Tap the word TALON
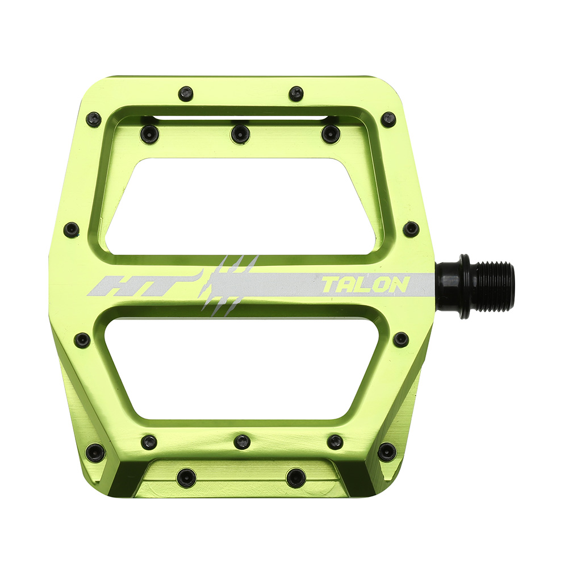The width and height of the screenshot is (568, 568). pos(365,285)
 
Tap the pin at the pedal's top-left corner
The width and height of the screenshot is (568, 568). pos(94,119)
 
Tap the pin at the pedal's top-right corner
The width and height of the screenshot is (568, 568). pos(389,119)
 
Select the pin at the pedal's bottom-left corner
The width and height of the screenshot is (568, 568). pos(95,452)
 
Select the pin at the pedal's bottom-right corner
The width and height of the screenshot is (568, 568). pos(387,452)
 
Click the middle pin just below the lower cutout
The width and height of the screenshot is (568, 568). pos(243,441)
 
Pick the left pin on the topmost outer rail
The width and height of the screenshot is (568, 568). pos(186,94)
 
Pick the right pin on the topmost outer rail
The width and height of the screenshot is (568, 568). pos(296,94)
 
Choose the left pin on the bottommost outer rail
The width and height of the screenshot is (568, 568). pos(186,477)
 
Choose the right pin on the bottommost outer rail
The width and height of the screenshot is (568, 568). pos(296,477)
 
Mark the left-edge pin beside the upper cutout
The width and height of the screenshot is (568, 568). pos(72,229)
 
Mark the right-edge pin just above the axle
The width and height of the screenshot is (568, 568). pos(411,229)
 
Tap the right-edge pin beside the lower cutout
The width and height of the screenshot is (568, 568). pos(401,340)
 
